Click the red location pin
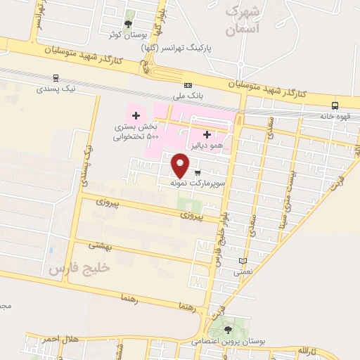[x=181, y=165]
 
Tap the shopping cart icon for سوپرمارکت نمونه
[x=198, y=172]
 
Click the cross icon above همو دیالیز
[x=206, y=134]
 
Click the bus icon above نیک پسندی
[x=56, y=79]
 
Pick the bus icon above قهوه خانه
[x=335, y=105]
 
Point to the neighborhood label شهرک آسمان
[x=242, y=21]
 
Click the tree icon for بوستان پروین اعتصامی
[x=226, y=328]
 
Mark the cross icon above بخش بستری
[x=136, y=115]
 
